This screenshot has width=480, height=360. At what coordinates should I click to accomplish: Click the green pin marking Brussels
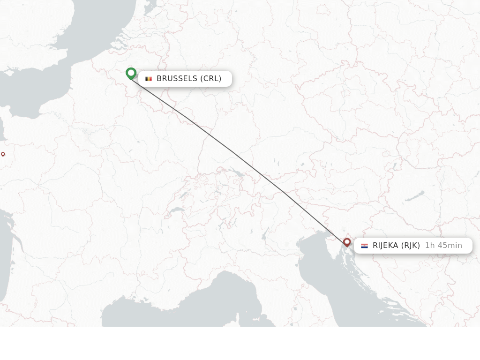click(131, 74)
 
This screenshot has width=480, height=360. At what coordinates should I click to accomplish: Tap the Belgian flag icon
click(149, 79)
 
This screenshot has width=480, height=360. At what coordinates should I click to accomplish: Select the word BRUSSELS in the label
click(177, 79)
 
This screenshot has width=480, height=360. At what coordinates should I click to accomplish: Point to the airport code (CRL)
click(210, 79)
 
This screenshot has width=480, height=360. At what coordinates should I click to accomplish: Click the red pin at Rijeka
click(347, 242)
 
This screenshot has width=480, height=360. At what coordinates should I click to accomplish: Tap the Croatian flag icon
click(364, 246)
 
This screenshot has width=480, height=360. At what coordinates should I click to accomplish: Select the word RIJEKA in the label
click(385, 246)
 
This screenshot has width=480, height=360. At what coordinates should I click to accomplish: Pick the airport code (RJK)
click(410, 246)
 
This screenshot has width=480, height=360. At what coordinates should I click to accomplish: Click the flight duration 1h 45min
click(443, 246)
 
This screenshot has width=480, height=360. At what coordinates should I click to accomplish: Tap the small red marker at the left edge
click(3, 154)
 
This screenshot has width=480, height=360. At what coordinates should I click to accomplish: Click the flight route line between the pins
click(234, 153)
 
